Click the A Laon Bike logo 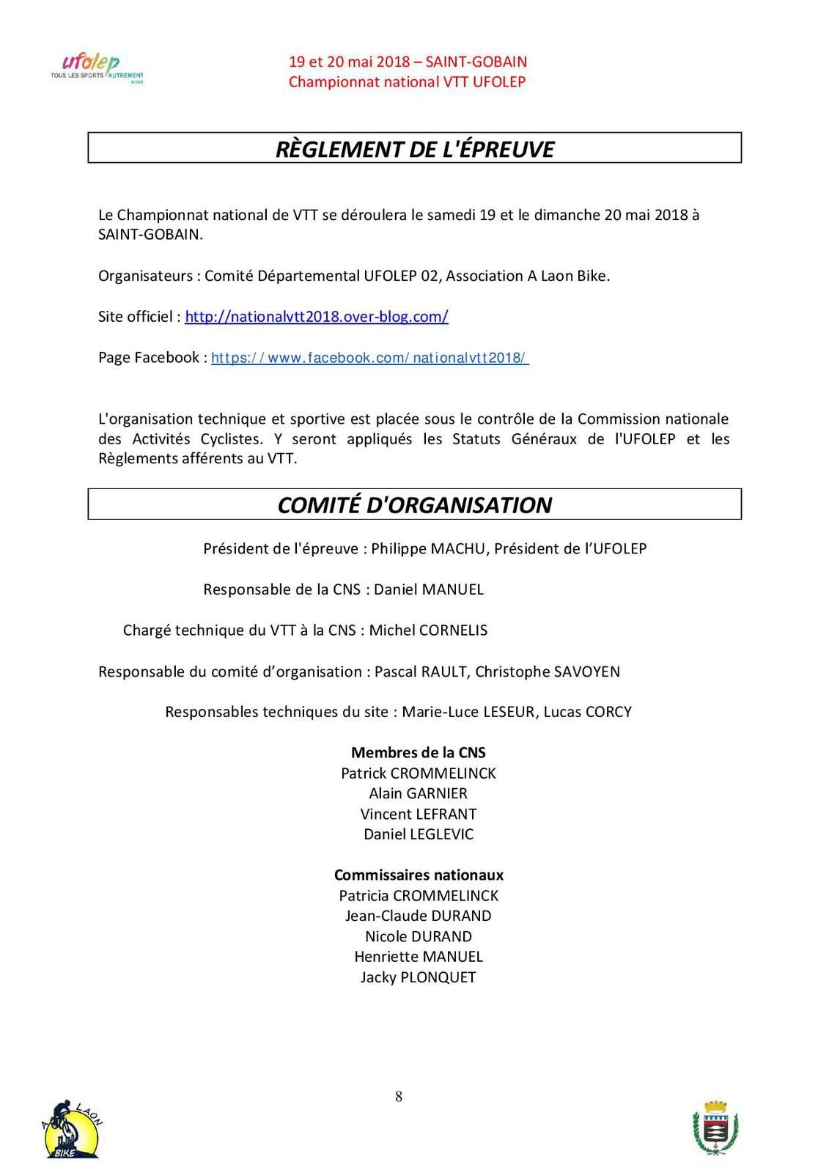click(x=71, y=1129)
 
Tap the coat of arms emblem click(x=715, y=1128)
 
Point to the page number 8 click(x=399, y=1097)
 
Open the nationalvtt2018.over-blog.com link click(x=316, y=317)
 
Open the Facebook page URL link click(x=369, y=358)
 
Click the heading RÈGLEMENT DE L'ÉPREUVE click(x=414, y=149)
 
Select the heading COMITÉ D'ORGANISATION click(x=414, y=505)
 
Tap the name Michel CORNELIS click(x=428, y=630)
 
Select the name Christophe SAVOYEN click(x=548, y=672)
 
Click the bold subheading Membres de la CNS click(x=418, y=752)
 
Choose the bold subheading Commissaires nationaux click(x=419, y=875)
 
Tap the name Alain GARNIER click(x=418, y=793)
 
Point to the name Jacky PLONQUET click(x=418, y=977)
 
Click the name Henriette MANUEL click(x=418, y=957)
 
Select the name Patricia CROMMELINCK click(x=418, y=895)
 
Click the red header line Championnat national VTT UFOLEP click(x=407, y=82)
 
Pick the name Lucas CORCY click(x=587, y=712)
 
